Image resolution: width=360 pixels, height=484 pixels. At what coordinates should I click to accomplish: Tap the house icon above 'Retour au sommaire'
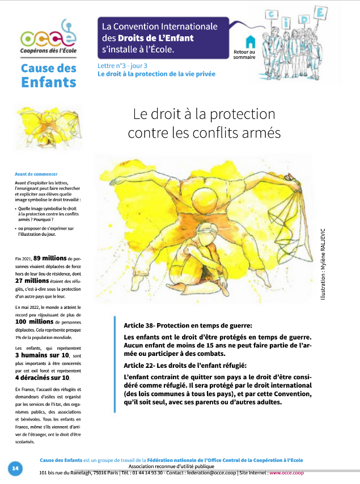[x=250, y=41]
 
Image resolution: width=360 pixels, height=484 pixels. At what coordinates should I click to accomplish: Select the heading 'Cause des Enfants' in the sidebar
[x=48, y=75]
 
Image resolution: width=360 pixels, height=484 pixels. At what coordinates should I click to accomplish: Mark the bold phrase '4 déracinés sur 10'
[x=43, y=377]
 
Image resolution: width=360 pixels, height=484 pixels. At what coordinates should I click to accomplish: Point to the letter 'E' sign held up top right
[x=321, y=11]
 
